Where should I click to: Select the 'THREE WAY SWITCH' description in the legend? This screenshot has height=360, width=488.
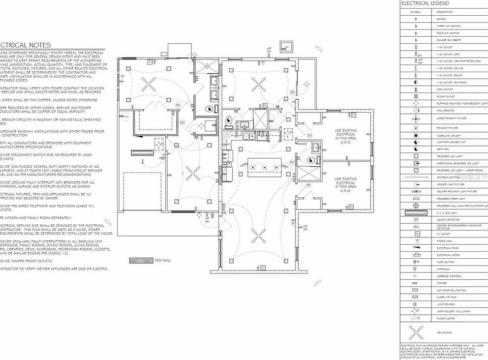448,25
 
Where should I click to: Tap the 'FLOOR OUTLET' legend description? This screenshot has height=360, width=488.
445,96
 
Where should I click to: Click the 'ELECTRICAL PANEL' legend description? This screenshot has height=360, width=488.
447,248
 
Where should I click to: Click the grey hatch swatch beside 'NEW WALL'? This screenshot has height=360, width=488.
141,260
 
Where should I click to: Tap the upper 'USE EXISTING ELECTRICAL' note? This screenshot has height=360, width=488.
346,136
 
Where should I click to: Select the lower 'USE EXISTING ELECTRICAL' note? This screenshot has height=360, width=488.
346,185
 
